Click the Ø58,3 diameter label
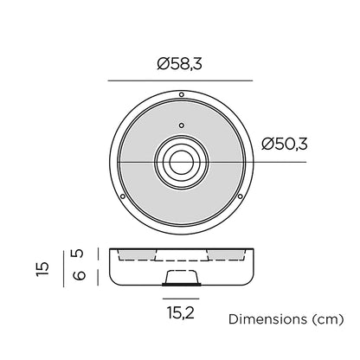click(179, 63)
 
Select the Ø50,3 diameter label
click(285, 144)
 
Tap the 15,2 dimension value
click(181, 312)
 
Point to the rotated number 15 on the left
click(42, 269)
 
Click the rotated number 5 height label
click(77, 254)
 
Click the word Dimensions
click(267, 319)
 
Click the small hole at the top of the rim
click(182, 94)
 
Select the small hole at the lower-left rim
click(123, 196)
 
